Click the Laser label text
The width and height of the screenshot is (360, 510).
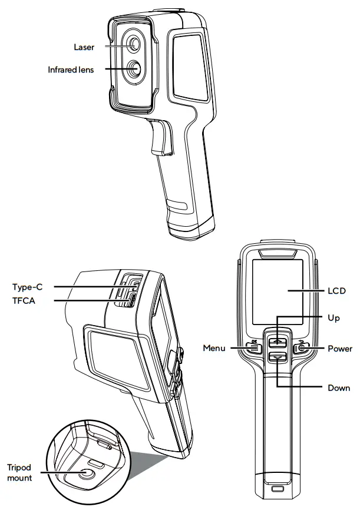tap(84, 47)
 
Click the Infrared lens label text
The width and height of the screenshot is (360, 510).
tap(71, 69)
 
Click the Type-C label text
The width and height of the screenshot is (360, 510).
tap(27, 287)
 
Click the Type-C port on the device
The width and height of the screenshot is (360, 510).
tap(134, 286)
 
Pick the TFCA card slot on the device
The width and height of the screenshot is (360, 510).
tap(133, 300)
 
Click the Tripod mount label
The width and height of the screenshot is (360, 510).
tap(19, 473)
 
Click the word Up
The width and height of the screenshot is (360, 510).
tap(333, 317)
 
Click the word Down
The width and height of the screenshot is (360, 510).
tap(339, 388)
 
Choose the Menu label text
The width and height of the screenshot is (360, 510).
tap(214, 349)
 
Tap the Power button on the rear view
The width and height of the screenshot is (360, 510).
tap(302, 348)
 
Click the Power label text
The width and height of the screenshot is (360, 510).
tap(339, 349)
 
